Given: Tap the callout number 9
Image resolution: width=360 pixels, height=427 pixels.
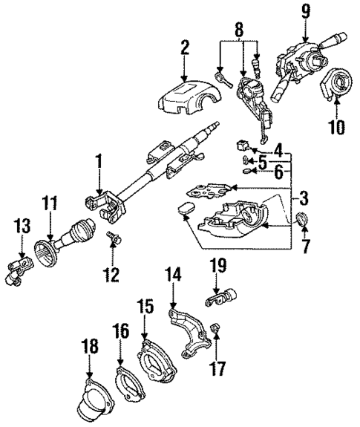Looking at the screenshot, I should pos(306,11).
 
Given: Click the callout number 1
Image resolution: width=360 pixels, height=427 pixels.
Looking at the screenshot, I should pos(98,161).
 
